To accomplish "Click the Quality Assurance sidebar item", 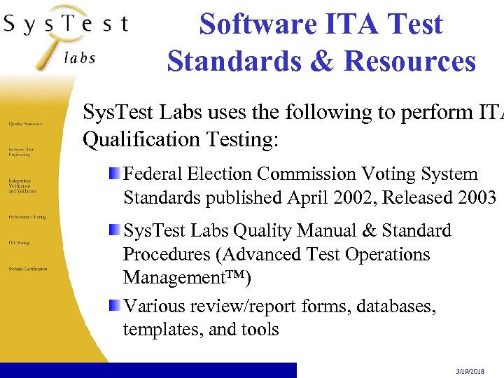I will pos(26,122).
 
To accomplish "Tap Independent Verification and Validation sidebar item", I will pos(22,185).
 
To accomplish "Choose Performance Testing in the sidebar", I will pos(27,217).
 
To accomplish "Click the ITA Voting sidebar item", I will pos(19,243).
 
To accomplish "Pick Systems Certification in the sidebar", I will pos(28,269).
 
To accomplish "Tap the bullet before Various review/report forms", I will pos(114,305).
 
